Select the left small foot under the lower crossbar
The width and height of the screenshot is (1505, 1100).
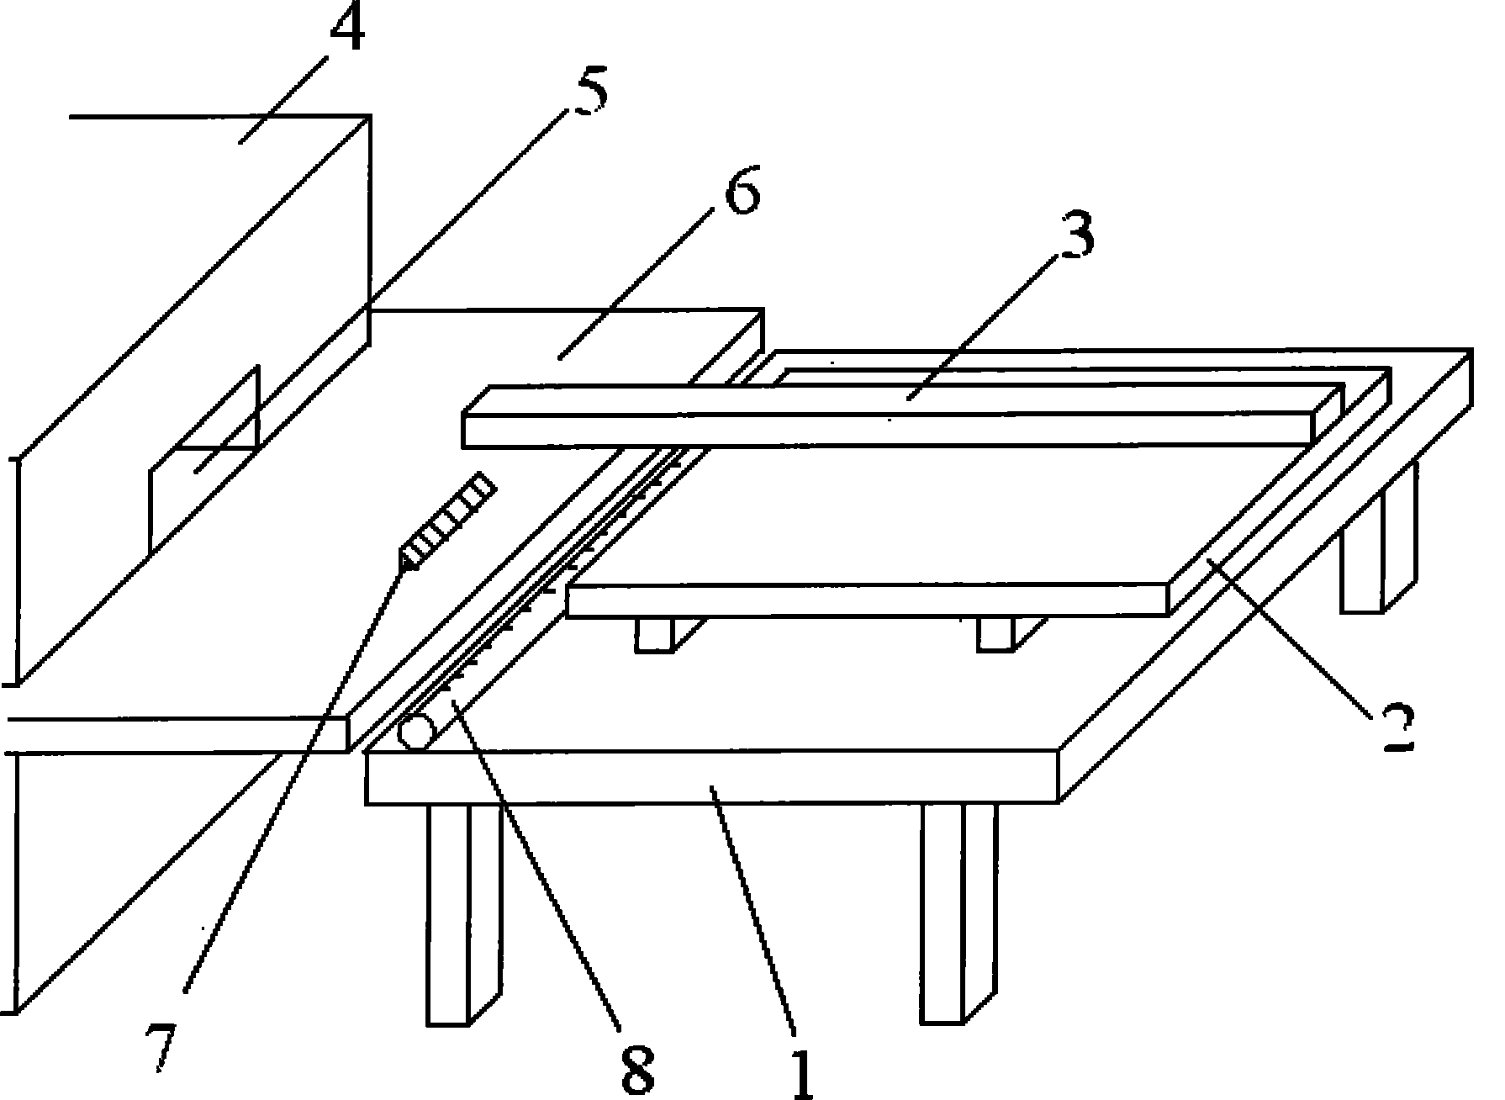click(654, 635)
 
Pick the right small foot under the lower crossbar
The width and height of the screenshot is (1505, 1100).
click(995, 634)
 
